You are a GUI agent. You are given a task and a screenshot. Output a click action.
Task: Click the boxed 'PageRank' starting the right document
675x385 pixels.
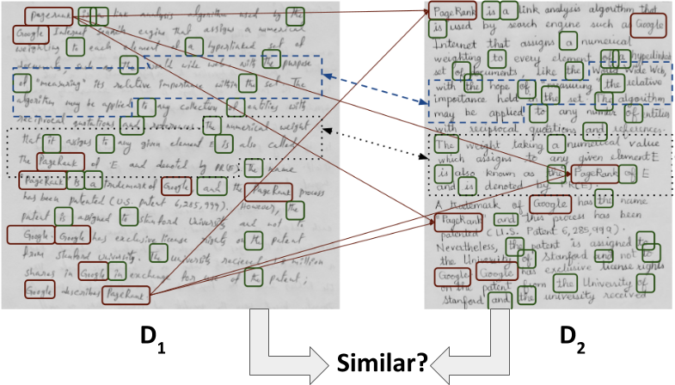453,13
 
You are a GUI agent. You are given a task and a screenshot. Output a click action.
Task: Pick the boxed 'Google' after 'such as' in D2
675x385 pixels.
647,27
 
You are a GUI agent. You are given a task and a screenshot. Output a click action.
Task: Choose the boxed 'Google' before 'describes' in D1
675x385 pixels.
38,293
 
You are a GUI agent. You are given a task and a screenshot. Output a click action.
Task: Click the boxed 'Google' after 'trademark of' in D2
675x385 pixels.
549,205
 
